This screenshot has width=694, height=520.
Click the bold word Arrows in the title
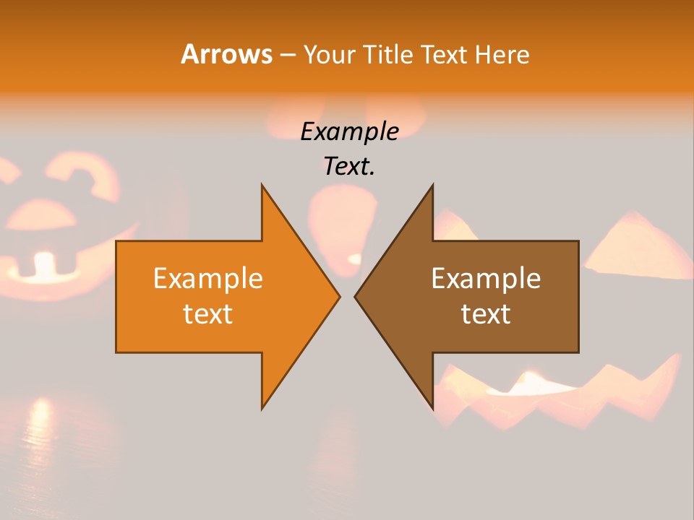[226, 54]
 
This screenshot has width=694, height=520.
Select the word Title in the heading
[387, 55]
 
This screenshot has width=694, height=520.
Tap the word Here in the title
[502, 55]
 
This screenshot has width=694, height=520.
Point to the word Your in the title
[329, 55]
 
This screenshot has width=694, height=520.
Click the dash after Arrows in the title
[287, 55]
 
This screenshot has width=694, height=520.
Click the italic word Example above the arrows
[349, 131]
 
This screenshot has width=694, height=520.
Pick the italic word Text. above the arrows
[349, 166]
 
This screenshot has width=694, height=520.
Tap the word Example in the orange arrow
[207, 279]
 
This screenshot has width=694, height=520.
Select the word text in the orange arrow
[207, 314]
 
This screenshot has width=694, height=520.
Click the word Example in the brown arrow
[486, 279]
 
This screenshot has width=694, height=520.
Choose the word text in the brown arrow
[486, 314]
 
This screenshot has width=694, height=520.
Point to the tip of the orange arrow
[339, 296]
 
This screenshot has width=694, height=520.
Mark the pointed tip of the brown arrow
[356, 296]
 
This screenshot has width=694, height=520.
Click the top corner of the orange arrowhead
[262, 185]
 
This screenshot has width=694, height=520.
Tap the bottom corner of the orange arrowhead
[262, 408]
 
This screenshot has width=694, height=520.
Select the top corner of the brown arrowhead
[433, 185]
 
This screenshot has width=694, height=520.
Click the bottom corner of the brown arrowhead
[433, 408]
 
